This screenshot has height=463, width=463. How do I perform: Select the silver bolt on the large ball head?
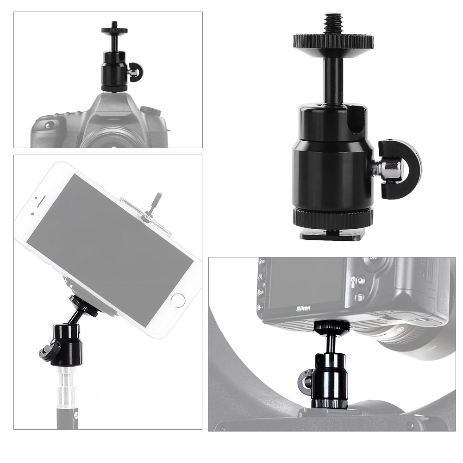click(388, 169)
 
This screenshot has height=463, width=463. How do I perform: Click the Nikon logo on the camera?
click(304, 308)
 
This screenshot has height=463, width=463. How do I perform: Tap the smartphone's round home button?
click(177, 300)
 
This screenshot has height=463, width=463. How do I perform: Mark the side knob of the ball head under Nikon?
click(305, 382)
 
